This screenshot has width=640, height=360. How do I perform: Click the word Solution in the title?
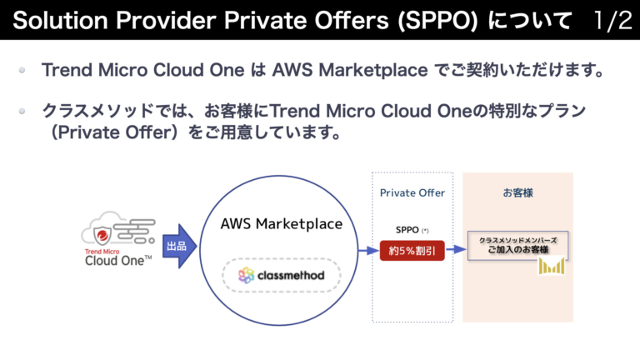[x=51, y=21]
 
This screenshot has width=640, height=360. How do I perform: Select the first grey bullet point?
[x=23, y=71]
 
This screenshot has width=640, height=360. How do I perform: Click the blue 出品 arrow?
[x=179, y=247]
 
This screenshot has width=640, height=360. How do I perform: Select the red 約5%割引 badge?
[x=412, y=249]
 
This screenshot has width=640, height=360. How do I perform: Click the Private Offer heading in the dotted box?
[x=412, y=192]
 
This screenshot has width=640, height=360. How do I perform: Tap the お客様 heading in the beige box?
[x=517, y=192]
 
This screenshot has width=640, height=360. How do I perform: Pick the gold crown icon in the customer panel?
[x=552, y=266]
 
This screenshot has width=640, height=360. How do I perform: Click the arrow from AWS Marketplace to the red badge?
[x=367, y=249]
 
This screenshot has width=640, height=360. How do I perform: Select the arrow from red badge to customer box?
[x=455, y=249]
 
